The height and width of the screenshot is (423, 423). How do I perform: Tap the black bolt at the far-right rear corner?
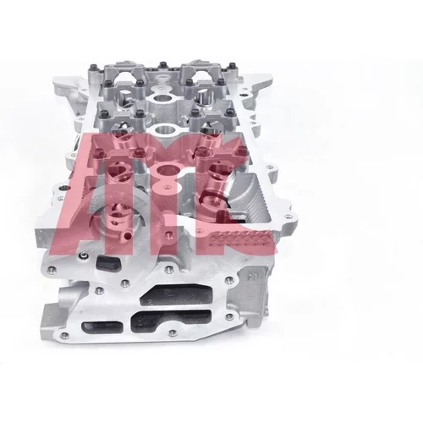click(231, 67)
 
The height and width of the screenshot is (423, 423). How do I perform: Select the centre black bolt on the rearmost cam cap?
click(162, 65)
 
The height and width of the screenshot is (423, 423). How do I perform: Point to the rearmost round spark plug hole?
click(160, 99)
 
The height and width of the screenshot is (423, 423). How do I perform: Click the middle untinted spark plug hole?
click(162, 130)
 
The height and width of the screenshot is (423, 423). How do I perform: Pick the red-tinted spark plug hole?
click(168, 171)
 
